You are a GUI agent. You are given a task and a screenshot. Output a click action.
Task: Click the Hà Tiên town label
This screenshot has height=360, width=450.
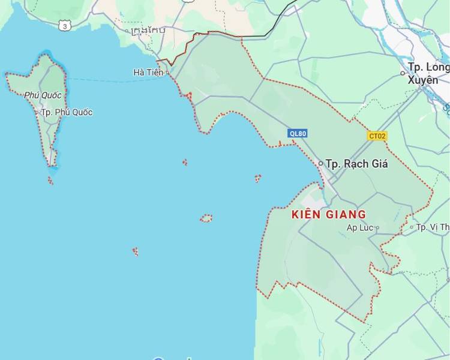point(146,73)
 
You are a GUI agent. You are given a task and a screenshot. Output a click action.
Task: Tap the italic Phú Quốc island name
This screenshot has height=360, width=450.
point(43,95)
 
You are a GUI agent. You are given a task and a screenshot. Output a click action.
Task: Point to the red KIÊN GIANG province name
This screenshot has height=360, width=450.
point(328,214)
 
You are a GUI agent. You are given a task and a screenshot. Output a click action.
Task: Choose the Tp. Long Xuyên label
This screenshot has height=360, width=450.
point(428,73)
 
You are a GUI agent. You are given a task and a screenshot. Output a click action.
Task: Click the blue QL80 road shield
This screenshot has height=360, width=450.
point(297,134)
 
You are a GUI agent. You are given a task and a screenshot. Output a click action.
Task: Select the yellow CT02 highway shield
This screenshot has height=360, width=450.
point(377,136)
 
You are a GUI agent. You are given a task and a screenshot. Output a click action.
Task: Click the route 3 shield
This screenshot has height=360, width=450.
point(65,25)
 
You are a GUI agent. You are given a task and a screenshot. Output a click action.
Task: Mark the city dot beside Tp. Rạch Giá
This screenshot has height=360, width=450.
point(321,163)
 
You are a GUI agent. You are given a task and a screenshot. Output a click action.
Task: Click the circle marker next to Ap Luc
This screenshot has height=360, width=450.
point(377,227)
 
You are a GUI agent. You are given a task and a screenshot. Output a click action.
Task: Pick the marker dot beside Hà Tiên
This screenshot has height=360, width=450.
point(168,73)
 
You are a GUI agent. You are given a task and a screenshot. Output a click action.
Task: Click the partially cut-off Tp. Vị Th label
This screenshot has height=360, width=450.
point(433,227)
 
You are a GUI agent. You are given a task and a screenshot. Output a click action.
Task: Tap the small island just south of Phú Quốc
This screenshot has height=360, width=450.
point(50,179)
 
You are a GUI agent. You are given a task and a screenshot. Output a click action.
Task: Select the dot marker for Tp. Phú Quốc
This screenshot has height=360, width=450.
point(37,112)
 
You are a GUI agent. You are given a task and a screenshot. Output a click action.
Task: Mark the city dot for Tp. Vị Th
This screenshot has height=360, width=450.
point(412,227)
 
